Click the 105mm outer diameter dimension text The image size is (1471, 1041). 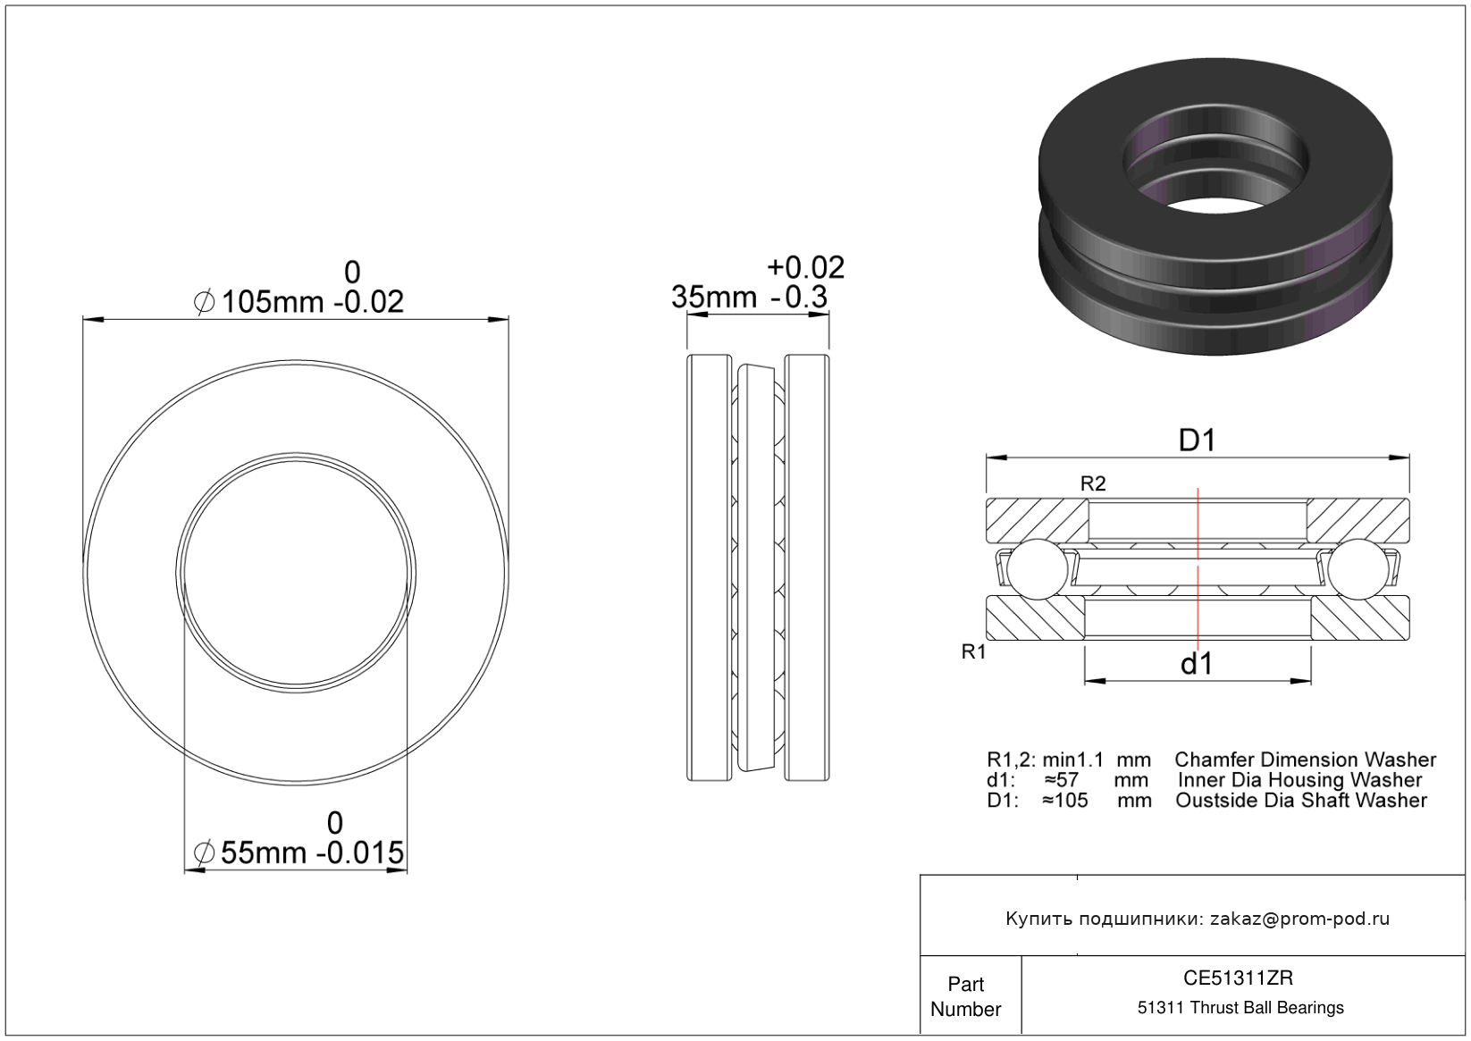point(273,303)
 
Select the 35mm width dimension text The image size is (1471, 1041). point(714,298)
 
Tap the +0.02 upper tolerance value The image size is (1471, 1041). point(806,268)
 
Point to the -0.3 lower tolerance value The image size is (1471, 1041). point(799,298)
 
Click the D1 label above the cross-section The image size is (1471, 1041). point(1198,440)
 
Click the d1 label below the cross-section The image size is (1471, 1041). point(1197,664)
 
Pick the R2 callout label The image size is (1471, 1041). point(1093,484)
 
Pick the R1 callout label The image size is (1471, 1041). point(974,652)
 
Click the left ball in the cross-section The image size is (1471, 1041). point(1038,569)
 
